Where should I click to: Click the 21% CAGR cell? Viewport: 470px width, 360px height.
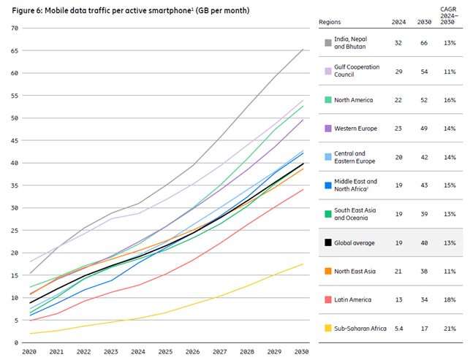point(449,329)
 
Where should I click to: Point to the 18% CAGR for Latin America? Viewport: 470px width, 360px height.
point(449,300)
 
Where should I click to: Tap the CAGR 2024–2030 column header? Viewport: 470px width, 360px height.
point(449,23)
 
